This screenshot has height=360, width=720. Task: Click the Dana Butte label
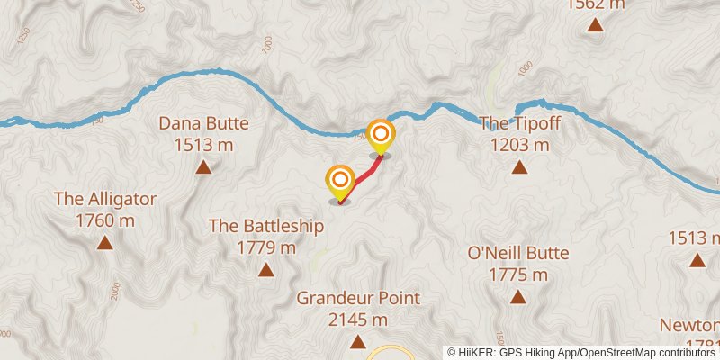pyautogui.click(x=203, y=124)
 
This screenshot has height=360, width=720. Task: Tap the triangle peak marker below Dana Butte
pyautogui.click(x=203, y=166)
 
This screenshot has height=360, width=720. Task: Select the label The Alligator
pyautogui.click(x=105, y=199)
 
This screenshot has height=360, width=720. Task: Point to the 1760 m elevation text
pyautogui.click(x=105, y=220)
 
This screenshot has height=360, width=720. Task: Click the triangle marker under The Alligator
pyautogui.click(x=105, y=242)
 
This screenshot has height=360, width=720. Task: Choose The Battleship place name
pyautogui.click(x=265, y=226)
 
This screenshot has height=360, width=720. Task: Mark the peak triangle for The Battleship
pyautogui.click(x=265, y=269)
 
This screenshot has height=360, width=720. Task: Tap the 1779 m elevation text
pyautogui.click(x=265, y=247)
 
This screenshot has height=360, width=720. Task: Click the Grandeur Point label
pyautogui.click(x=358, y=298)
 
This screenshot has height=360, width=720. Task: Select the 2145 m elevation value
pyautogui.click(x=358, y=319)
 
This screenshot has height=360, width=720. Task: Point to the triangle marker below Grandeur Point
pyautogui.click(x=358, y=341)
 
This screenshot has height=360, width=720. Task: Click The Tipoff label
pyautogui.click(x=518, y=124)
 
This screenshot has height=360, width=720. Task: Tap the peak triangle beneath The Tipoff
pyautogui.click(x=518, y=166)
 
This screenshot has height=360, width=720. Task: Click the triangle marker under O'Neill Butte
pyautogui.click(x=517, y=296)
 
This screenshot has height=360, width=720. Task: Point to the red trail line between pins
pyautogui.click(x=362, y=175)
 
